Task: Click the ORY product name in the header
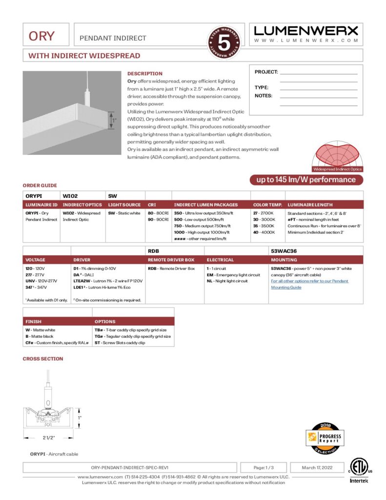41,36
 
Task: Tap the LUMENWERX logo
306,30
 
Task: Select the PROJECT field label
266,72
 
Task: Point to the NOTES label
264,96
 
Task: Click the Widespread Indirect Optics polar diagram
337,156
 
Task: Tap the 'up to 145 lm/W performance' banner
306,180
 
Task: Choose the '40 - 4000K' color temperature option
264,232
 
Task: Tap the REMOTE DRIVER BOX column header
171,260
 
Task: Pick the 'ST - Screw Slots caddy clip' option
120,343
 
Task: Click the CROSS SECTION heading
43,359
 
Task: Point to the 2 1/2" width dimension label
49,437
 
